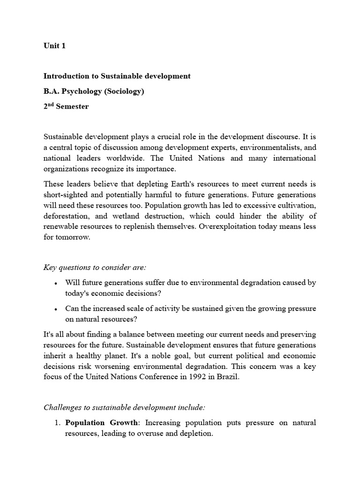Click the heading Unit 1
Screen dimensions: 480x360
54,46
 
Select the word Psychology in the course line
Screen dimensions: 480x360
79,91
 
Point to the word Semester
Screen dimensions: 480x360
72,106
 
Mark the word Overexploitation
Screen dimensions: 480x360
226,226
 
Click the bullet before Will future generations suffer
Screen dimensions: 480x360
56,284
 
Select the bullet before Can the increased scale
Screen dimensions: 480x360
56,309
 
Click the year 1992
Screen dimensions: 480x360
192,377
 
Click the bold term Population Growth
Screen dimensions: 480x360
102,423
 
